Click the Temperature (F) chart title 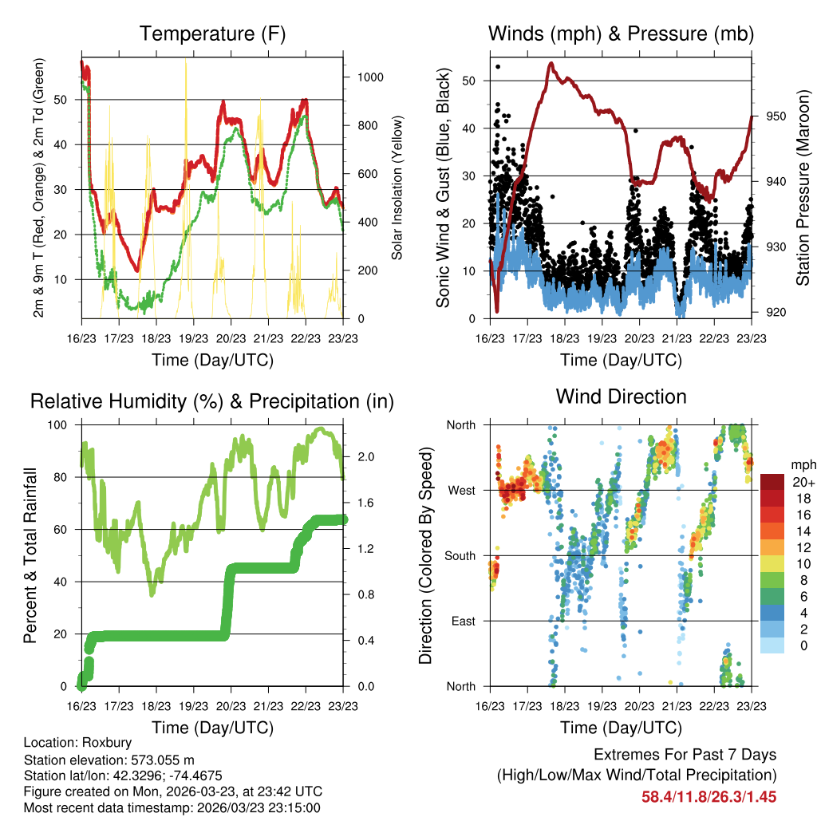(212, 34)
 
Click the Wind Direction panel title (621, 397)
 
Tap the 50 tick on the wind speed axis (472, 81)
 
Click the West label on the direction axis (460, 490)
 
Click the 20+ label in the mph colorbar (802, 482)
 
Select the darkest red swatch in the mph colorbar (772, 482)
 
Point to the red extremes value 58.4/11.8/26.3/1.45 (708, 796)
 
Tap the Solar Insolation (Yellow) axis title (396, 187)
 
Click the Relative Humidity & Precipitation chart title (212, 401)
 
